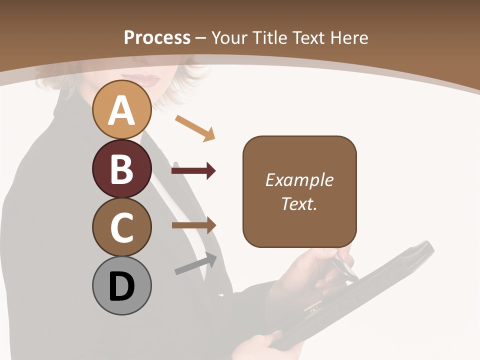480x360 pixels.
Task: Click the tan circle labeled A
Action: [x=121, y=110]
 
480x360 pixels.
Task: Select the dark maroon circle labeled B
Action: [x=121, y=168]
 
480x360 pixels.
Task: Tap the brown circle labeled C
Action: [x=121, y=227]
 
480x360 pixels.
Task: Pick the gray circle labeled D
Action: [x=121, y=285]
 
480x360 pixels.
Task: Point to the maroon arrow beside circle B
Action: [x=193, y=171]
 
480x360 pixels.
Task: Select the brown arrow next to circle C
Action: [x=194, y=225]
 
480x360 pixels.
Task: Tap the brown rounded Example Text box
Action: [x=299, y=191]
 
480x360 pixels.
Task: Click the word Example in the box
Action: [x=299, y=180]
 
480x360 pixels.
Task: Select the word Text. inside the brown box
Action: [x=299, y=203]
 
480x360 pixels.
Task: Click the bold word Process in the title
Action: [x=157, y=38]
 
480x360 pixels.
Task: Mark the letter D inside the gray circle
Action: [x=121, y=286]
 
